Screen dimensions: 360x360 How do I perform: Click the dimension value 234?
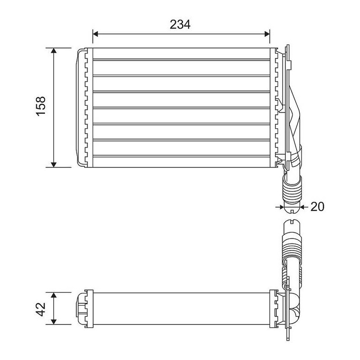180,25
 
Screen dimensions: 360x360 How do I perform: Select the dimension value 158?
41,106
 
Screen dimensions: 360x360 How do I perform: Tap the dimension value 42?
41,309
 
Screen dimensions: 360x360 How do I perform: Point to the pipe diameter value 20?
317,207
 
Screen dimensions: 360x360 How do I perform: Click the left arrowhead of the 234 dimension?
95,34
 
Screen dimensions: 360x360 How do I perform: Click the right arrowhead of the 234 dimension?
267,34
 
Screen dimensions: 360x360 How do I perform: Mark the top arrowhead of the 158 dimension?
54,50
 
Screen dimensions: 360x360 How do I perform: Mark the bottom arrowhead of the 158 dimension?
54,165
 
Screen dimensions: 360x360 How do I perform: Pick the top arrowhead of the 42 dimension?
54,295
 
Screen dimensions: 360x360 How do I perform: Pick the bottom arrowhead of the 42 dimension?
54,322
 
